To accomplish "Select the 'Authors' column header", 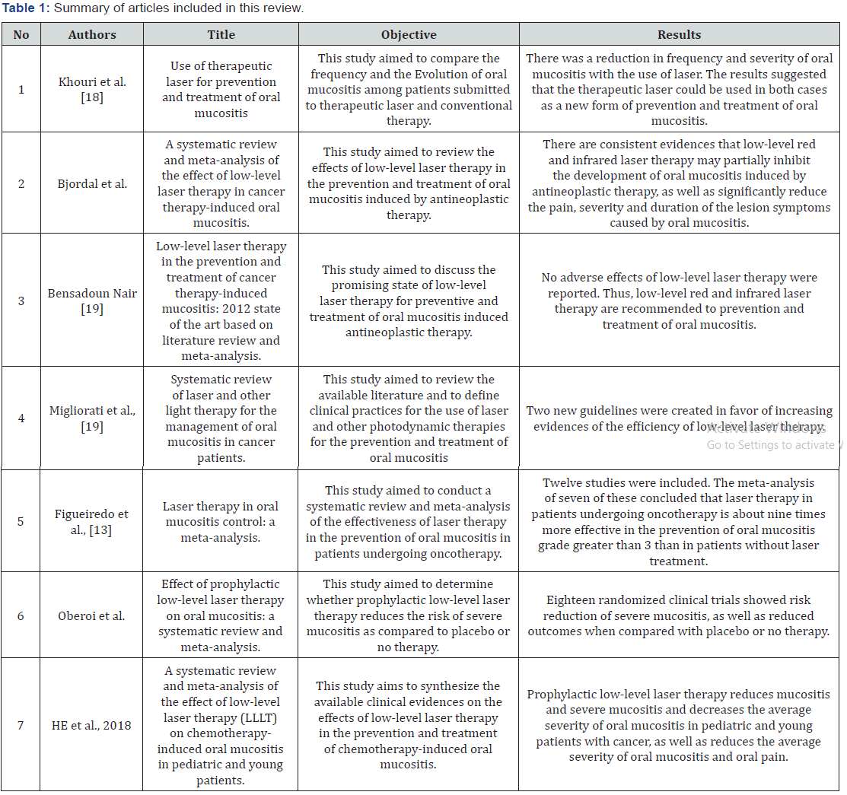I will pyautogui.click(x=92, y=34).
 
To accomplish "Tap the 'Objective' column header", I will pyautogui.click(x=409, y=34).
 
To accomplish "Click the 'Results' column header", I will pyautogui.click(x=679, y=34).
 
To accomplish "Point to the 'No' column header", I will pyautogui.click(x=21, y=34).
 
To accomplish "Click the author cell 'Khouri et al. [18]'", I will pyautogui.click(x=92, y=89).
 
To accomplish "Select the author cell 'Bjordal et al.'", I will pyautogui.click(x=92, y=183).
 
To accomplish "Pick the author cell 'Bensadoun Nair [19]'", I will pyautogui.click(x=92, y=301).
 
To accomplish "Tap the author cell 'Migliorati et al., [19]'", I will pyautogui.click(x=92, y=418).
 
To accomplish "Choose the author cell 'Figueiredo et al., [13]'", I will pyautogui.click(x=92, y=521).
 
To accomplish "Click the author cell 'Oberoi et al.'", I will pyautogui.click(x=92, y=615).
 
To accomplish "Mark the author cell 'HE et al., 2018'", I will pyautogui.click(x=92, y=725).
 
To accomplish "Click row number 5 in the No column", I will pyautogui.click(x=21, y=521).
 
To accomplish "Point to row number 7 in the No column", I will pyautogui.click(x=21, y=725).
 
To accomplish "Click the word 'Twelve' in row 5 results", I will pyautogui.click(x=561, y=482).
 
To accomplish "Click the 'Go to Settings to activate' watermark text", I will pyautogui.click(x=770, y=445).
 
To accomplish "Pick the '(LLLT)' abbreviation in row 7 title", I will pyautogui.click(x=260, y=717).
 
